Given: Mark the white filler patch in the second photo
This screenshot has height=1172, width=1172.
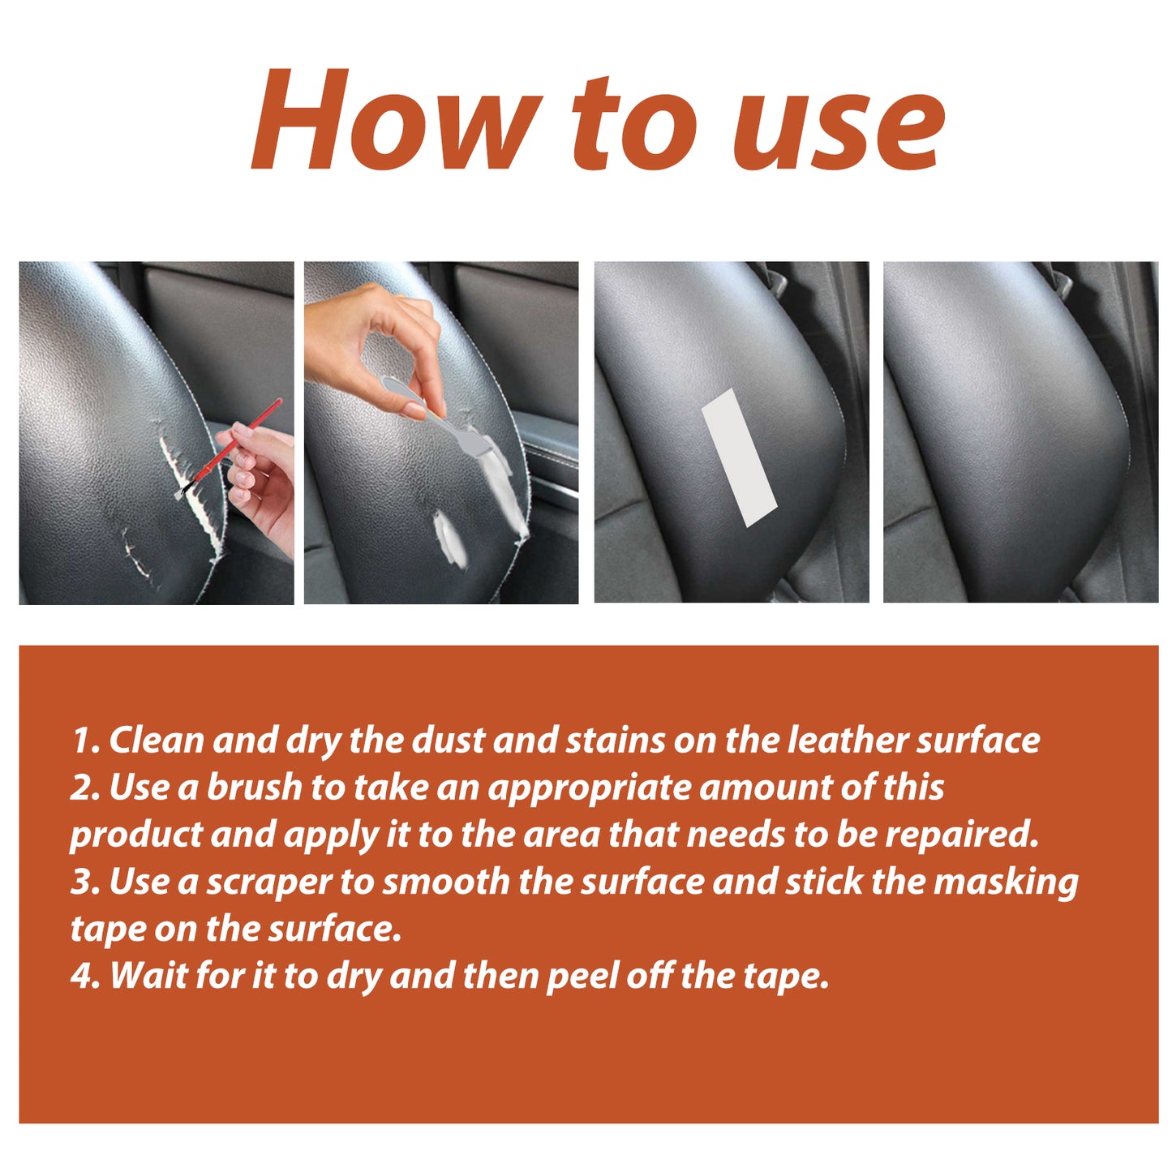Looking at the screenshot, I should [x=451, y=539].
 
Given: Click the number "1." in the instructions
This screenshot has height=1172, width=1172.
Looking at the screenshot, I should [x=85, y=741].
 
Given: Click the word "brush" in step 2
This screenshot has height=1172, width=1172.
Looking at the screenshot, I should [x=254, y=788].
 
